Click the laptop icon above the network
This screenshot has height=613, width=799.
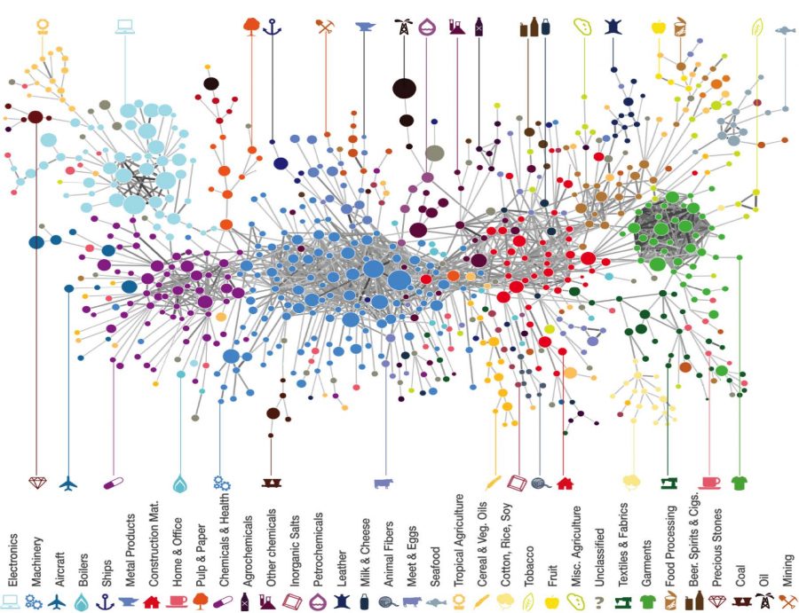(x=124, y=26)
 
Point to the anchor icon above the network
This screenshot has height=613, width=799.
(x=272, y=27)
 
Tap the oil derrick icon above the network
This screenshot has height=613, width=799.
(x=405, y=27)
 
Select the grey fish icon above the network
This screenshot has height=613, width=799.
(x=785, y=30)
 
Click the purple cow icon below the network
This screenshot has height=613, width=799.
(x=384, y=483)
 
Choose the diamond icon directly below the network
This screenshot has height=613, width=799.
(x=36, y=483)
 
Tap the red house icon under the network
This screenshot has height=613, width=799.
(x=564, y=483)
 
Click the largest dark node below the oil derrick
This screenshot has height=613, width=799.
(x=405, y=88)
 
